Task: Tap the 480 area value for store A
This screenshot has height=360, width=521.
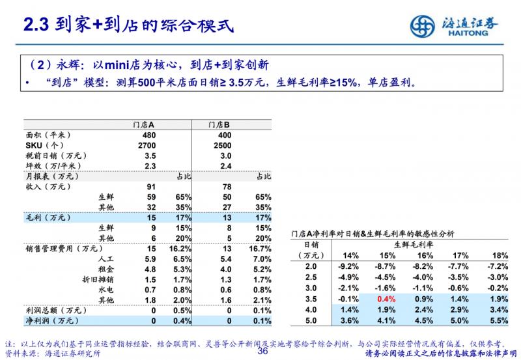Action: (x=149, y=135)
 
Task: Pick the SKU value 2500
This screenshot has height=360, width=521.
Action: (x=222, y=145)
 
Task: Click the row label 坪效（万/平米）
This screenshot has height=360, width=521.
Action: (x=50, y=166)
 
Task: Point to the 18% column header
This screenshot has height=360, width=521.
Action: (x=500, y=255)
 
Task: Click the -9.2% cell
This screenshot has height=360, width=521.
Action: (x=349, y=266)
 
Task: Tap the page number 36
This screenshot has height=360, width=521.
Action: (x=263, y=352)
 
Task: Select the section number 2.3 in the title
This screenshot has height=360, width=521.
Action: (x=36, y=25)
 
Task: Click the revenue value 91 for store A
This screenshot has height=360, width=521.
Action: (x=151, y=187)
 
